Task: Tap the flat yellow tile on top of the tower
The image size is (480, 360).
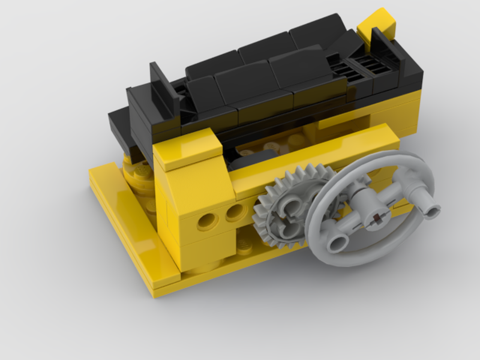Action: (x=187, y=149)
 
